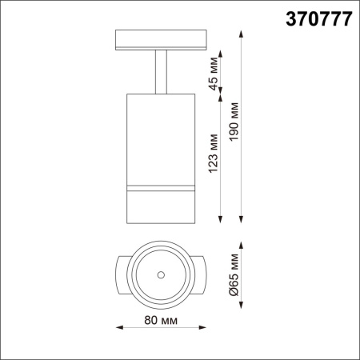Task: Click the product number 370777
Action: point(319,21)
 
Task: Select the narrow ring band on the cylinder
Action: point(161,188)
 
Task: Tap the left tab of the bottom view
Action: point(122,274)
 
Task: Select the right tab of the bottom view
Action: point(200,274)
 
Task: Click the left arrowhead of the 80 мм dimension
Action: point(120,326)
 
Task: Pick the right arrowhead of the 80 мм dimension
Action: point(202,326)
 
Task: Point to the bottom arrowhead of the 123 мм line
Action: point(221,218)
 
